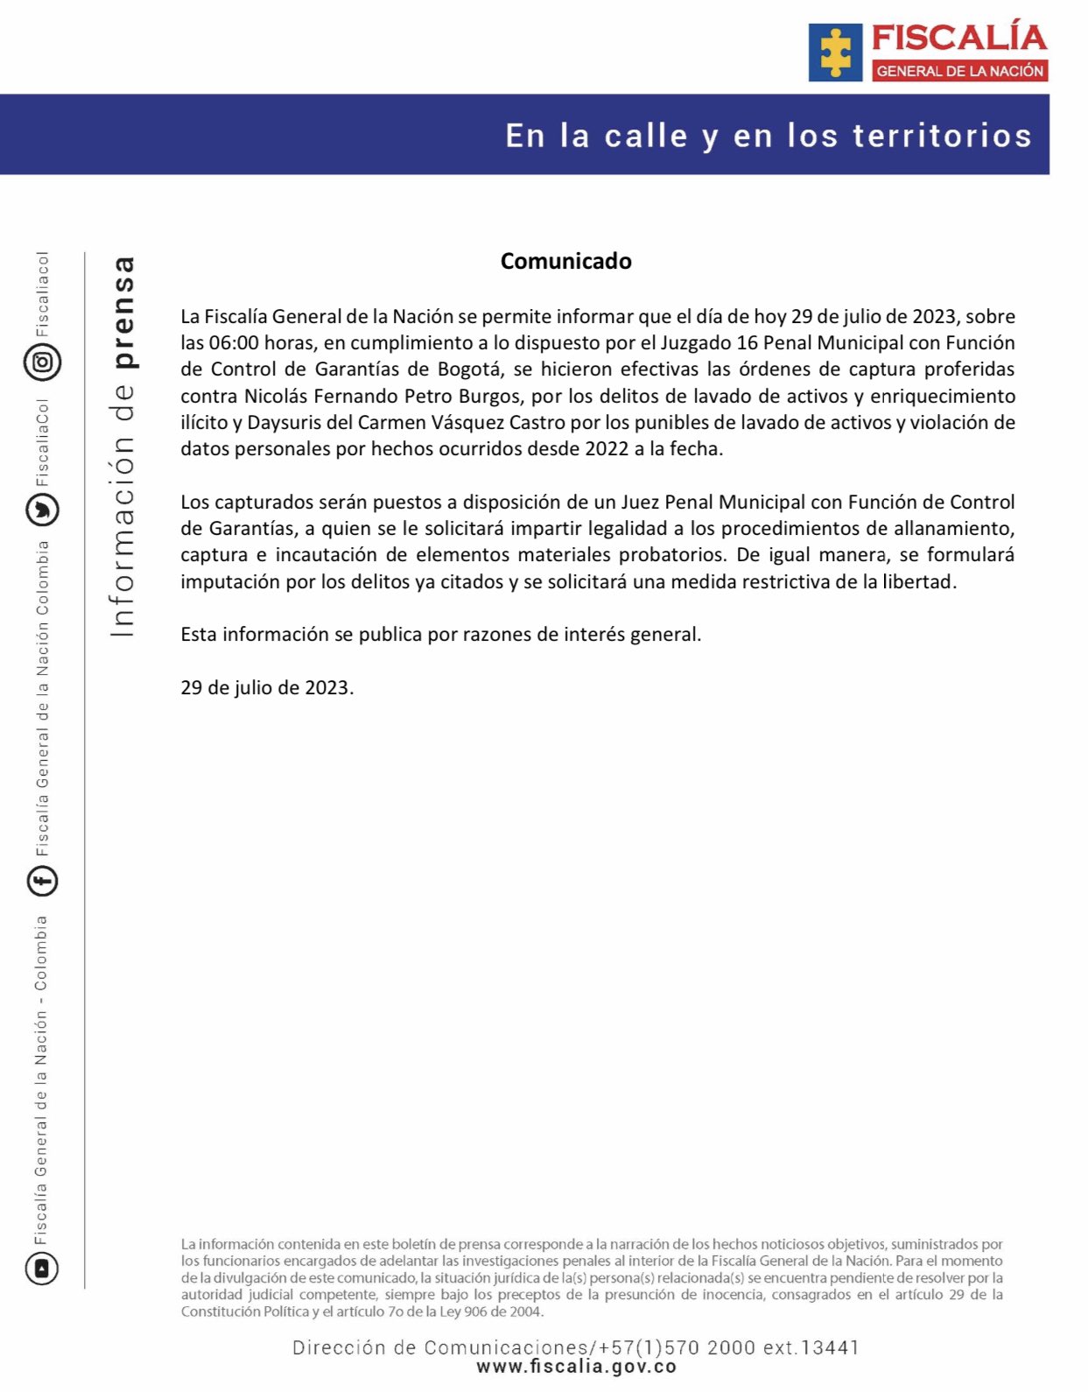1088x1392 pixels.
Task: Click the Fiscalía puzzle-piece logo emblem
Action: tap(835, 53)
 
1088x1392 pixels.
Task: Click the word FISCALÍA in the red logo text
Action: tap(959, 39)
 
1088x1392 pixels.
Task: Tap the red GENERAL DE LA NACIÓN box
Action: tap(960, 71)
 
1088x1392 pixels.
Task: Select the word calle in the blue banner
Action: tap(646, 137)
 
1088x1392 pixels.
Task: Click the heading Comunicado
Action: tap(565, 261)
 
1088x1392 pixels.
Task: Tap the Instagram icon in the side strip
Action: tap(42, 362)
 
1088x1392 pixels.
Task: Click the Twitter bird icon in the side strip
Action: tap(42, 510)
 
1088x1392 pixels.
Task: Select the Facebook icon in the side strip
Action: tap(42, 881)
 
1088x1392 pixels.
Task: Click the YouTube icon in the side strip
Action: tap(42, 1268)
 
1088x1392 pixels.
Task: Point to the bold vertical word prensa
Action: tap(124, 313)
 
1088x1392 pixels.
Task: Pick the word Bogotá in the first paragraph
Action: tap(470, 369)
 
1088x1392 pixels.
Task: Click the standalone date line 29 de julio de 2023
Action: tap(267, 688)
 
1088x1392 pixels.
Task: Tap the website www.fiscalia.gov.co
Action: tap(576, 1367)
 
